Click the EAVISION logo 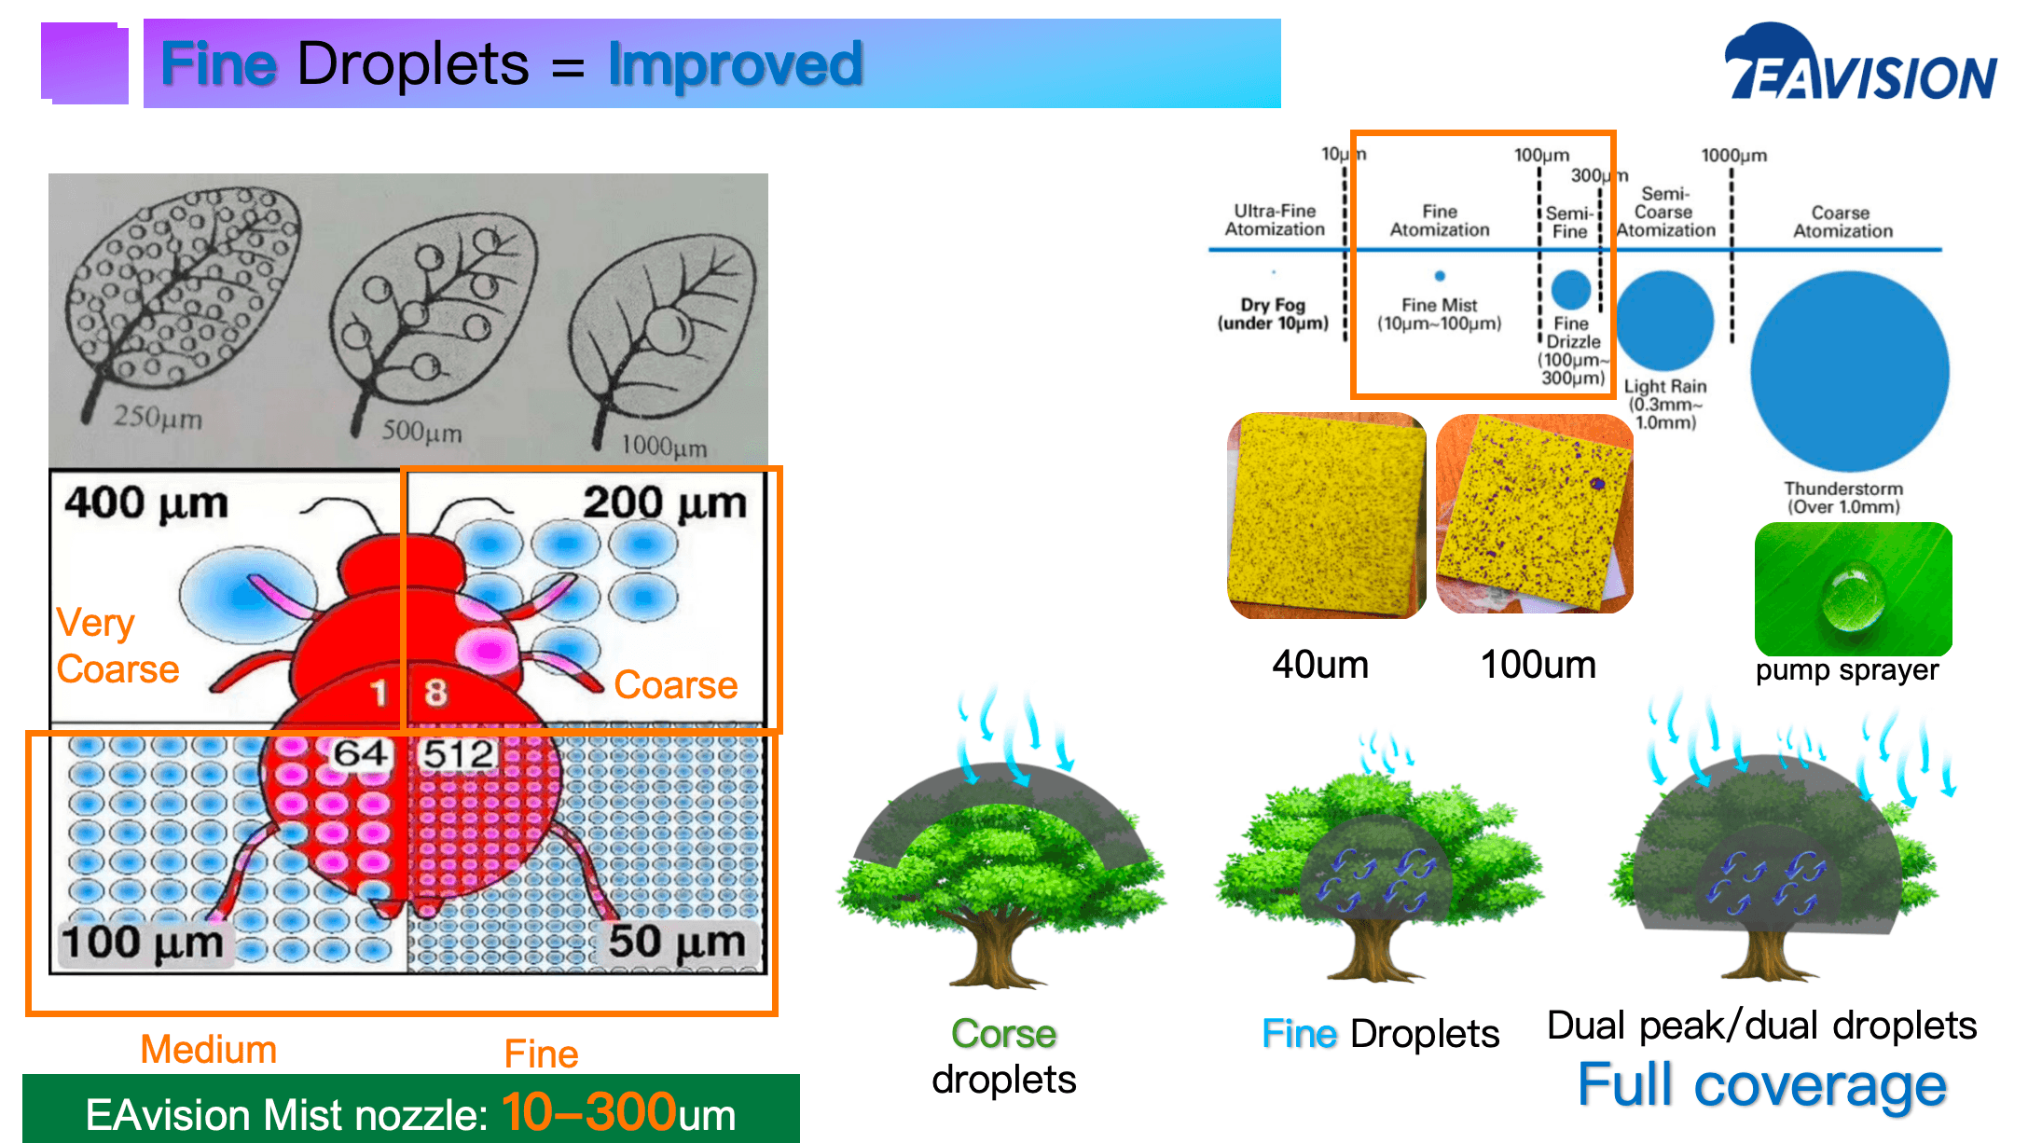click(x=1860, y=62)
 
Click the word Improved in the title click(x=735, y=63)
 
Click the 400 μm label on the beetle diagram click(x=146, y=503)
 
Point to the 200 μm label click(x=665, y=503)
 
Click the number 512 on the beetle click(x=458, y=753)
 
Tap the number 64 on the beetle click(x=361, y=753)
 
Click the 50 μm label click(x=677, y=942)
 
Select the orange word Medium click(x=209, y=1050)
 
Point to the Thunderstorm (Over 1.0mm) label click(x=1843, y=498)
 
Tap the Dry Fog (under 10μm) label click(x=1273, y=314)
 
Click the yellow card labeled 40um click(x=1327, y=516)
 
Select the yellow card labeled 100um click(x=1535, y=514)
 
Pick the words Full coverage click(x=1761, y=1085)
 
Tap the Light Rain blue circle click(x=1664, y=320)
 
